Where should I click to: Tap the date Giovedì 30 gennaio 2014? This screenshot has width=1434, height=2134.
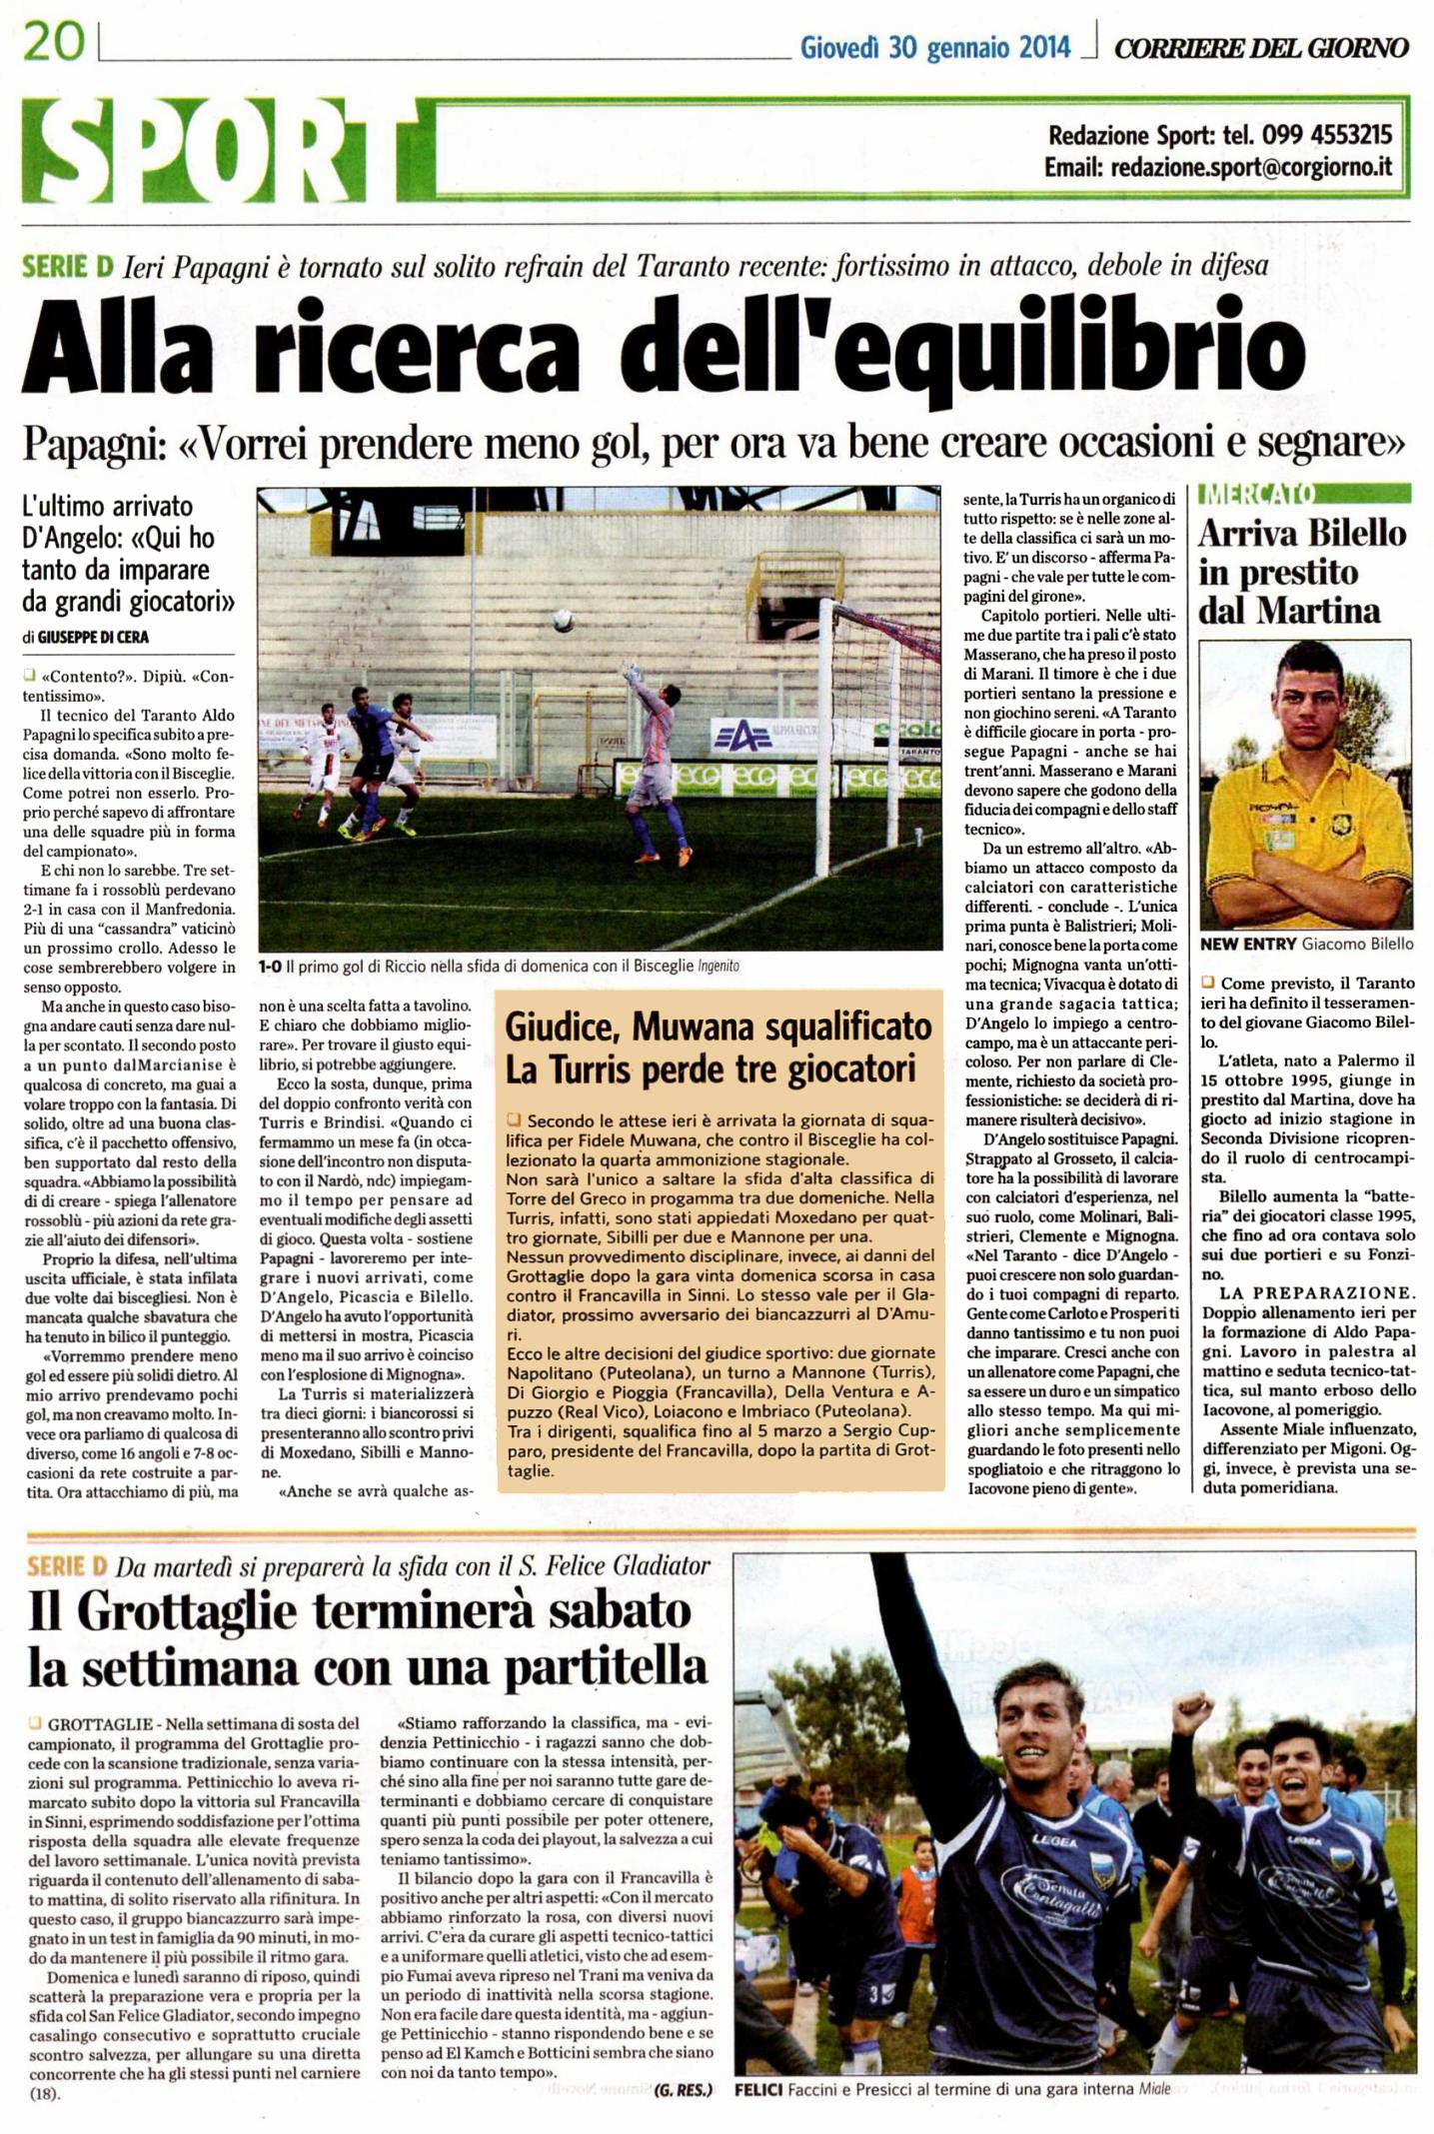pyautogui.click(x=934, y=47)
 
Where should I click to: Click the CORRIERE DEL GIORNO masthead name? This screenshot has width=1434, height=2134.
pyautogui.click(x=1261, y=47)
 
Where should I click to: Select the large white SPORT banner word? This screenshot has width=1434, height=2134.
pyautogui.click(x=220, y=150)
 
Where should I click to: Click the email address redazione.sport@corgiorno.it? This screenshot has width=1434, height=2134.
pyautogui.click(x=1251, y=168)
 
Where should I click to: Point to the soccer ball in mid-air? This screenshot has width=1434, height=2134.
pyautogui.click(x=564, y=621)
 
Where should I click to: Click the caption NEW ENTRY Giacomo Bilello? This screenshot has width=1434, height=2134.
pyautogui.click(x=1306, y=944)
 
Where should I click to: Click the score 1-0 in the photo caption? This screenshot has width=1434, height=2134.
pyautogui.click(x=270, y=967)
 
